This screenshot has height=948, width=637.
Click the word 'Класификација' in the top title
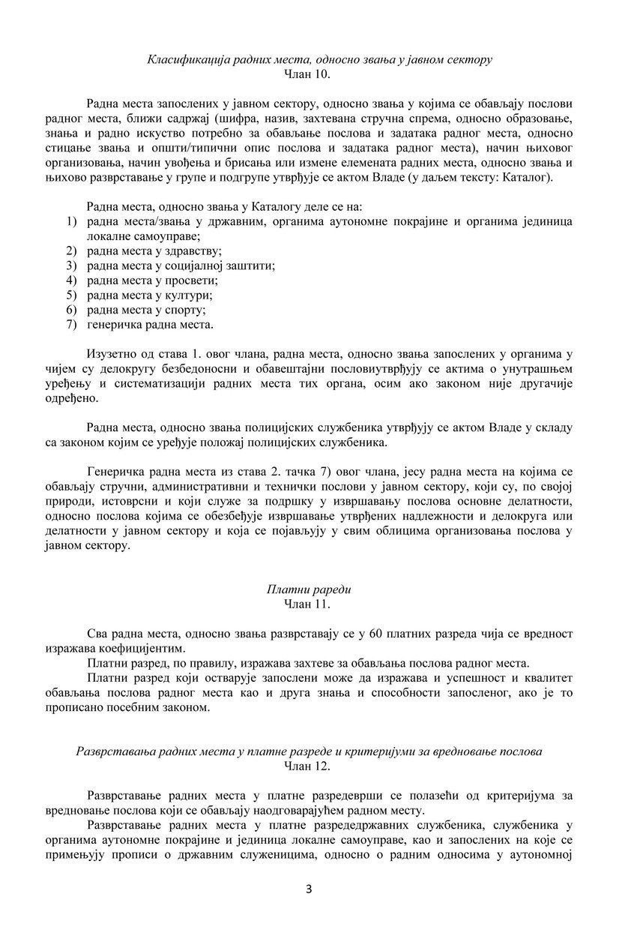coord(180,58)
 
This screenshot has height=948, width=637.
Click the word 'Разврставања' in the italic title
coord(111,751)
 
